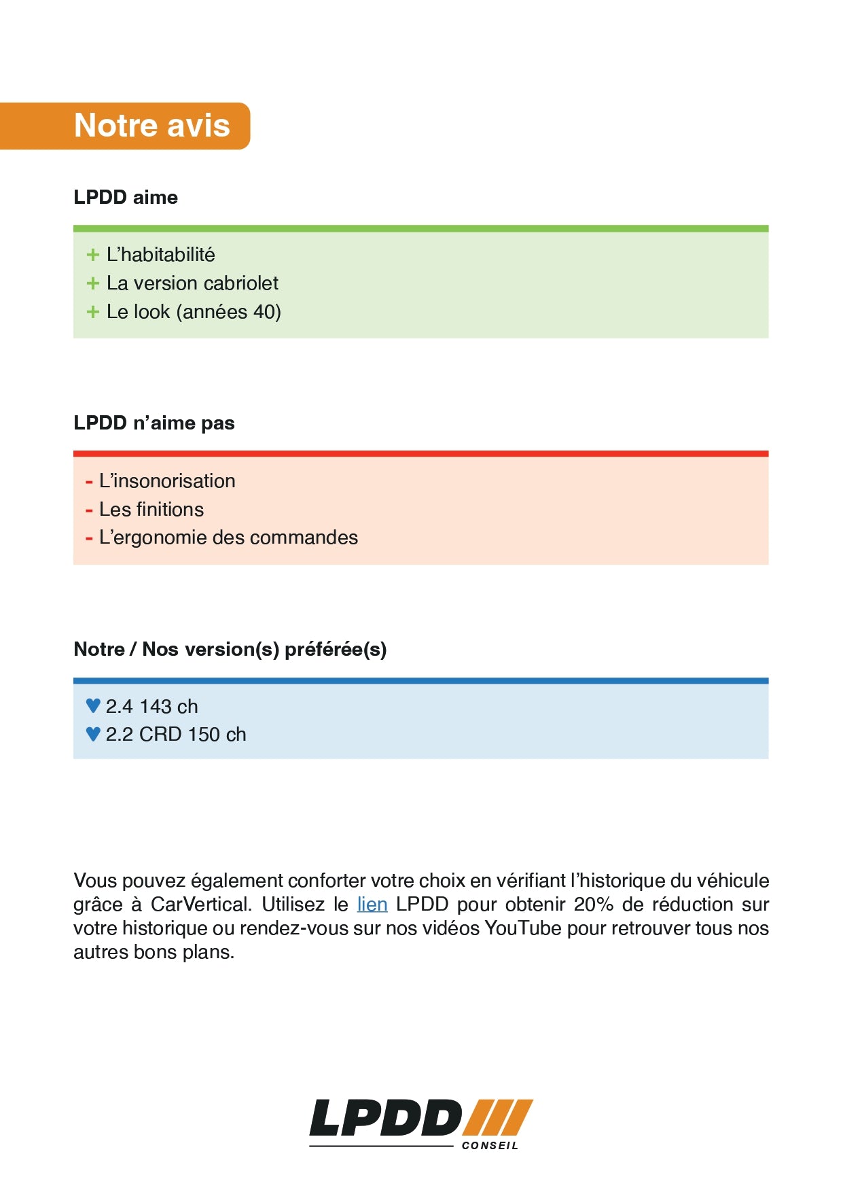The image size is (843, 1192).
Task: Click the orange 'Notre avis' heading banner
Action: coord(151,126)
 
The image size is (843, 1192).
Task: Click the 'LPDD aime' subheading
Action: coord(126,197)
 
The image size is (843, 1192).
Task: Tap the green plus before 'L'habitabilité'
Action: coord(93,255)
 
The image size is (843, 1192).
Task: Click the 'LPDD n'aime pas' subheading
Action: coord(154,423)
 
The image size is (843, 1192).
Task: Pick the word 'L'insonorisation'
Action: coord(167,481)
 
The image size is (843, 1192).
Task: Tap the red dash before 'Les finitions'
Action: coord(89,510)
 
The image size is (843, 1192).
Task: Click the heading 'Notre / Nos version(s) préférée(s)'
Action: coord(230,649)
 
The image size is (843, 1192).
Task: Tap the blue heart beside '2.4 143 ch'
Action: coord(94,706)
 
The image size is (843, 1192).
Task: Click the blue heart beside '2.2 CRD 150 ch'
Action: coord(94,734)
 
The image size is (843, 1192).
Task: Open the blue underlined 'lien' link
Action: coord(372,905)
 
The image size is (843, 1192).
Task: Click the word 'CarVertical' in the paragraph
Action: coord(201,905)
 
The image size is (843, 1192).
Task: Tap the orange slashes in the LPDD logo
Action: coord(499,1117)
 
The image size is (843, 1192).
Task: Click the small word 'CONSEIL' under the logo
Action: coord(490,1146)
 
